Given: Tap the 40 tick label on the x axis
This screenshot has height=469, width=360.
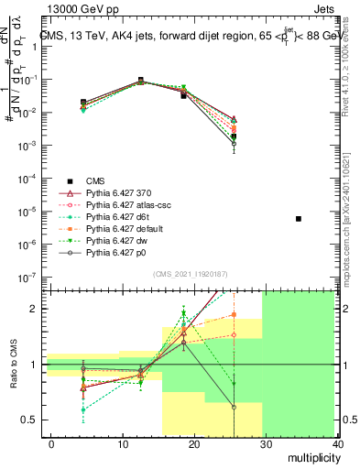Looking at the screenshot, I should (x=340, y=443).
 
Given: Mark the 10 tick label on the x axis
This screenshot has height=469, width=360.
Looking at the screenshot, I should (x=124, y=443).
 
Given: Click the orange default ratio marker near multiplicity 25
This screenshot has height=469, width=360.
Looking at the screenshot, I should (x=235, y=315).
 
